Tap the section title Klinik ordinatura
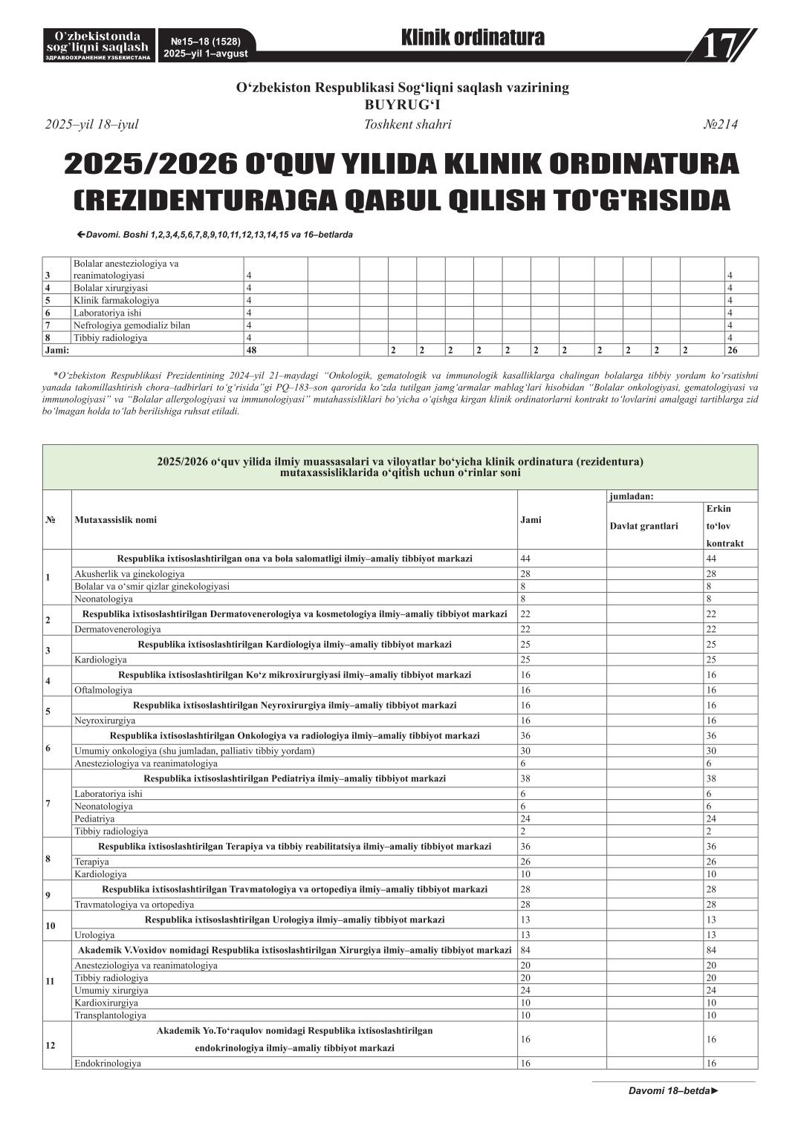tap(473, 38)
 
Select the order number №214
tap(720, 125)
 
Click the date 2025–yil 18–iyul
tap(91, 125)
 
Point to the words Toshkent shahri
tap(407, 125)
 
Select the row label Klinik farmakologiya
tap(116, 300)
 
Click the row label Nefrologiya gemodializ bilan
tap(132, 325)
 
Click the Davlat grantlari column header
tap(643, 526)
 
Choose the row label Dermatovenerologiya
tap(117, 629)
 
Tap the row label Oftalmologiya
tap(103, 690)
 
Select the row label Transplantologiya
tap(110, 1015)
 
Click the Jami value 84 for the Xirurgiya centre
tap(525, 950)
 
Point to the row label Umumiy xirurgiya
tap(111, 990)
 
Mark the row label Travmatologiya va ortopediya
tap(134, 905)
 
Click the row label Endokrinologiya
tap(107, 1063)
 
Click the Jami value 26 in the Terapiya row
tap(525, 862)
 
